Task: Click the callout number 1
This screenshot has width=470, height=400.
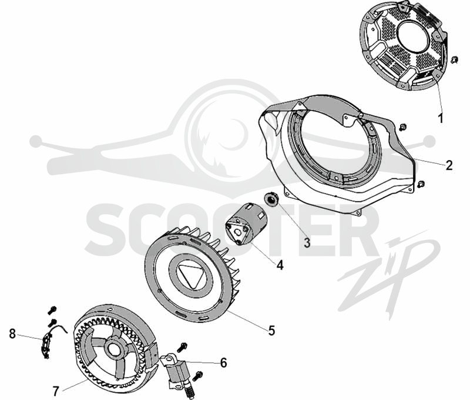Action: (440, 119)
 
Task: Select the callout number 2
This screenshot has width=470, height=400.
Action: (449, 165)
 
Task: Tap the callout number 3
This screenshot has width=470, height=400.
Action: (307, 243)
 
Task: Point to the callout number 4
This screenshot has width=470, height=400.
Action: (280, 265)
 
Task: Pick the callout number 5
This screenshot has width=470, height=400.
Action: (271, 331)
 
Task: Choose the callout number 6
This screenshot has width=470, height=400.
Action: (224, 362)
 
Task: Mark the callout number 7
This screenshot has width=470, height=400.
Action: (56, 391)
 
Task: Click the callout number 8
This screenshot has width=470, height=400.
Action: (12, 334)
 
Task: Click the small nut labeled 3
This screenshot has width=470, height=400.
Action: (272, 200)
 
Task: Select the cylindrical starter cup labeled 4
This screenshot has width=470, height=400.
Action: (246, 224)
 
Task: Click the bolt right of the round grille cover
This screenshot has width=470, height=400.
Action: (454, 59)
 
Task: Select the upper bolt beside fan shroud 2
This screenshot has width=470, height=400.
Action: (402, 128)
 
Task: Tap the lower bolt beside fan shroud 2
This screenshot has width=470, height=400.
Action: (420, 184)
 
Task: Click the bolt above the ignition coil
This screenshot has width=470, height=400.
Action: (182, 347)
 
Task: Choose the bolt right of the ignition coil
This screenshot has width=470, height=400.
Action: (199, 375)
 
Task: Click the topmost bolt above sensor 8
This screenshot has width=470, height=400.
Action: (52, 310)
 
